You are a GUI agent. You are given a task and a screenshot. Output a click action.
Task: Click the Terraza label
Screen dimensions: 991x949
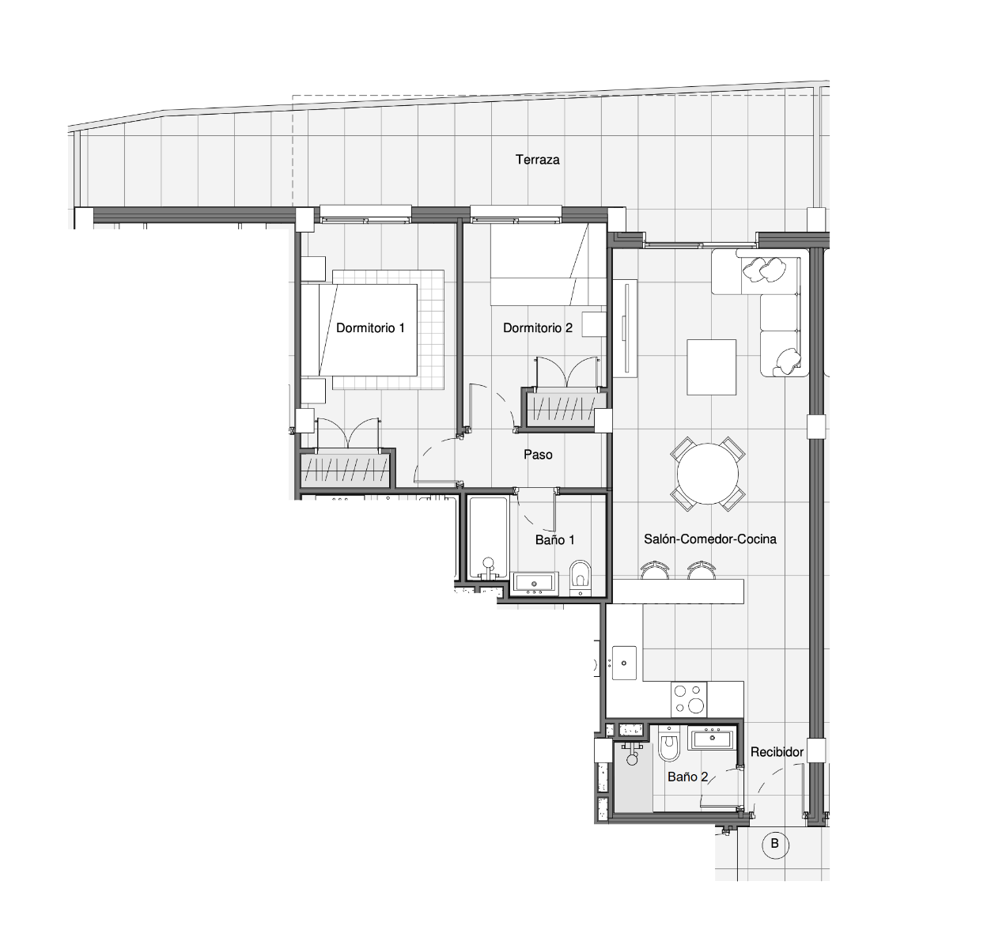(537, 160)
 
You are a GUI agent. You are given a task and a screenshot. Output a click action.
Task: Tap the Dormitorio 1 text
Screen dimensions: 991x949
(370, 328)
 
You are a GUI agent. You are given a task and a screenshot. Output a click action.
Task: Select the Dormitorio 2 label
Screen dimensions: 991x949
(538, 328)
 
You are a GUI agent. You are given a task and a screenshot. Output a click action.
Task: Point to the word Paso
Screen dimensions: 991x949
(538, 455)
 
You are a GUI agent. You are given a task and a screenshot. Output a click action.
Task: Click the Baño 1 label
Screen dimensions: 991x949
(554, 539)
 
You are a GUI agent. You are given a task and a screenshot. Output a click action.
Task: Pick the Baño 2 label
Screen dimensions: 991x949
(687, 777)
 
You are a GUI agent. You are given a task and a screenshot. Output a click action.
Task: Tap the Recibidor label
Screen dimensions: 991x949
(777, 752)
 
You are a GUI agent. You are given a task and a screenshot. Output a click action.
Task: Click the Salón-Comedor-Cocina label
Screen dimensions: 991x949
(710, 539)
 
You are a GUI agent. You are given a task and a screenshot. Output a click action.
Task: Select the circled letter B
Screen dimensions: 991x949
(774, 844)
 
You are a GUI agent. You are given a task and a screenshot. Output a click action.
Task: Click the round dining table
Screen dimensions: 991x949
(708, 474)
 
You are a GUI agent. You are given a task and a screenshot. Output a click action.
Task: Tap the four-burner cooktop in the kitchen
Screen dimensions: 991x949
(689, 699)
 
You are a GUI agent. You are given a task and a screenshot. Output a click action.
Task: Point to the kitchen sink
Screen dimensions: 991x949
(624, 663)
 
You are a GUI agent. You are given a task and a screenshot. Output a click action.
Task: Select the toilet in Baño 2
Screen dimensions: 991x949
(668, 744)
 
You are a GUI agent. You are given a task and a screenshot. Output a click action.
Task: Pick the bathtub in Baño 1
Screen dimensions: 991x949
(488, 539)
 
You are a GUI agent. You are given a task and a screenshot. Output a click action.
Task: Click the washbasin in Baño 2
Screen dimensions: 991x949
(712, 738)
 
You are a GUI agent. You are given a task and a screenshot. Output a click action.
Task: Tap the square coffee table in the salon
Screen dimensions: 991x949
(712, 367)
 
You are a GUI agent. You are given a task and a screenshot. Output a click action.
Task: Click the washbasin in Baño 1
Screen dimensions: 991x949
(535, 584)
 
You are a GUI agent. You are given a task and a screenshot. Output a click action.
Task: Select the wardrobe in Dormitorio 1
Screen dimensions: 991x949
(346, 468)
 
